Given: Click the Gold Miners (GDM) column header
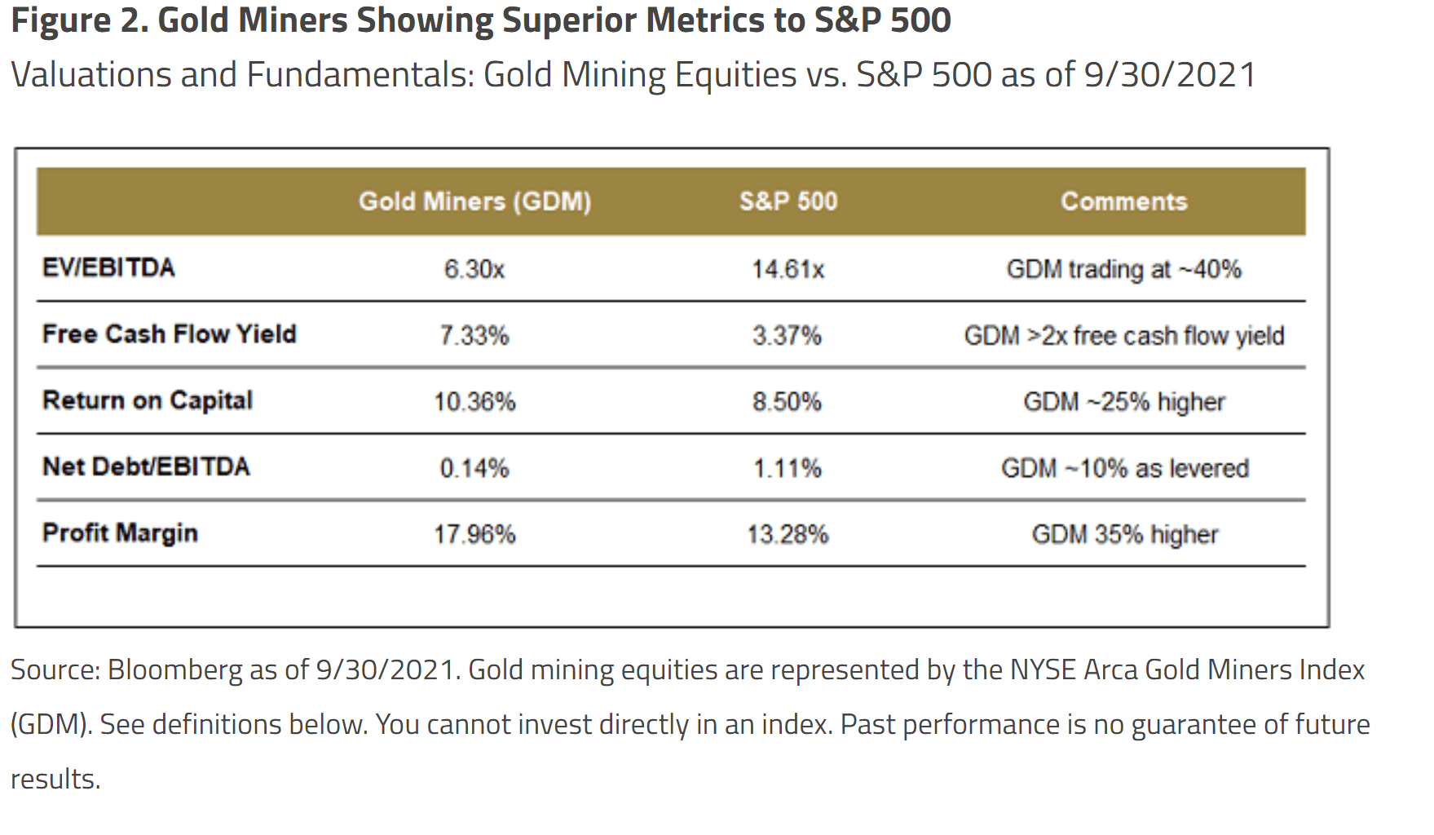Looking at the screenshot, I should point(474,201).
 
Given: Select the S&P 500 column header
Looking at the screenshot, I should point(788,201).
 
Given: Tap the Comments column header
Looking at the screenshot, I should point(1123,201).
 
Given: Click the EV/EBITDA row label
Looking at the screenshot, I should point(108,267).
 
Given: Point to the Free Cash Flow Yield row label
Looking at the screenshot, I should point(169,334).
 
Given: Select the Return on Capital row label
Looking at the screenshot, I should point(148,400).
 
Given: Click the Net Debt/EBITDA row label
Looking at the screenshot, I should point(146,466).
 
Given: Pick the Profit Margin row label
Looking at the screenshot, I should point(120,532).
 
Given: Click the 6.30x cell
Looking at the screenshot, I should point(474,269).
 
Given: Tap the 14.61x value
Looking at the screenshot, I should point(788,269).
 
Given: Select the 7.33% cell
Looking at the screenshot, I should point(474,335).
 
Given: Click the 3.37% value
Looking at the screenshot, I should point(787,335).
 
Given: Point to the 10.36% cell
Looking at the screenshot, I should point(474,402).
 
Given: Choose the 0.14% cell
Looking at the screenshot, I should point(474,468).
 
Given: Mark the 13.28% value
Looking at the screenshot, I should point(788,534).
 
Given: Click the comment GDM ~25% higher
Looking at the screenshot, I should point(1123,402).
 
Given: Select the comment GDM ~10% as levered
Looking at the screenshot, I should point(1124,468).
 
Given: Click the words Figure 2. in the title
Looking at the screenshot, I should point(79,20).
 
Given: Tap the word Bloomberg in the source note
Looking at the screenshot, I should point(174,669).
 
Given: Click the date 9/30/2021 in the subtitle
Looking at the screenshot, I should point(1169,75).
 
